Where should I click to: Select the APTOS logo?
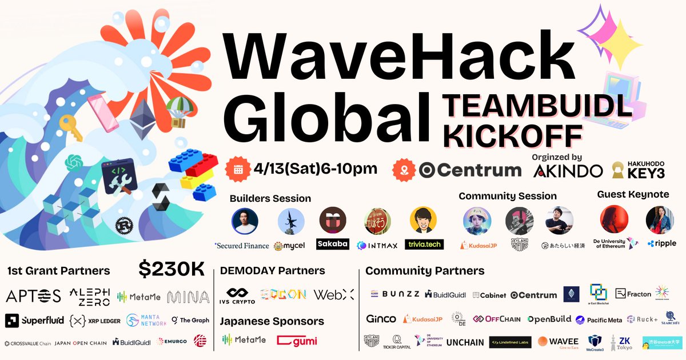tap(33, 295)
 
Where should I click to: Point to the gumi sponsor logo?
tap(297, 341)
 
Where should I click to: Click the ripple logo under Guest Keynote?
tap(661, 243)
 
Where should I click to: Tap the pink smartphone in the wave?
tap(103, 111)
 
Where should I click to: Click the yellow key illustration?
tap(71, 127)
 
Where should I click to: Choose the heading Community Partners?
tap(425, 271)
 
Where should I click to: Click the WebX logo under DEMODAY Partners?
tap(334, 294)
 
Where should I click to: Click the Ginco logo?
tap(380, 318)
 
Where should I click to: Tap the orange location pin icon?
tap(404, 170)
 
